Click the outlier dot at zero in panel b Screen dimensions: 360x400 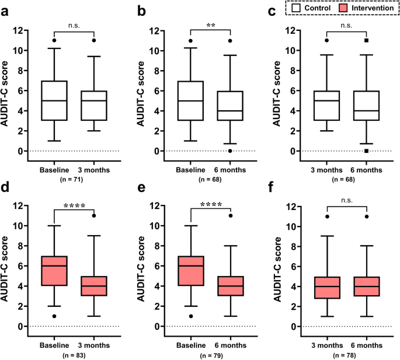(231, 151)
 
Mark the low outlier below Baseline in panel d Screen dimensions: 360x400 (55, 316)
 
